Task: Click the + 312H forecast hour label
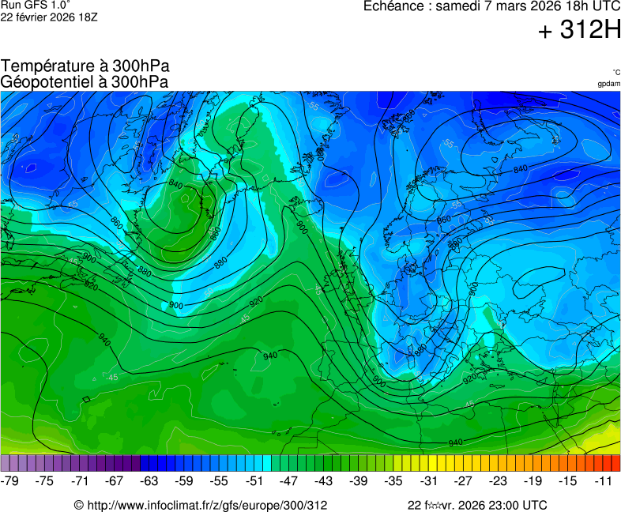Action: click(579, 30)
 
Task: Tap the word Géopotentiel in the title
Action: click(45, 81)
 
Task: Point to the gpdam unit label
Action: click(608, 84)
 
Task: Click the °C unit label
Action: click(615, 72)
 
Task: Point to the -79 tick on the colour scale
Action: click(10, 480)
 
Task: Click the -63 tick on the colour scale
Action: click(149, 480)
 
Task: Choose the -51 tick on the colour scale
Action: click(254, 480)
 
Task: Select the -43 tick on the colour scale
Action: click(324, 480)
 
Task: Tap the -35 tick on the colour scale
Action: click(393, 480)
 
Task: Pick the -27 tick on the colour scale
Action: click(463, 480)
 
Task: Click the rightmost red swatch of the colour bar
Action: click(615, 463)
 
